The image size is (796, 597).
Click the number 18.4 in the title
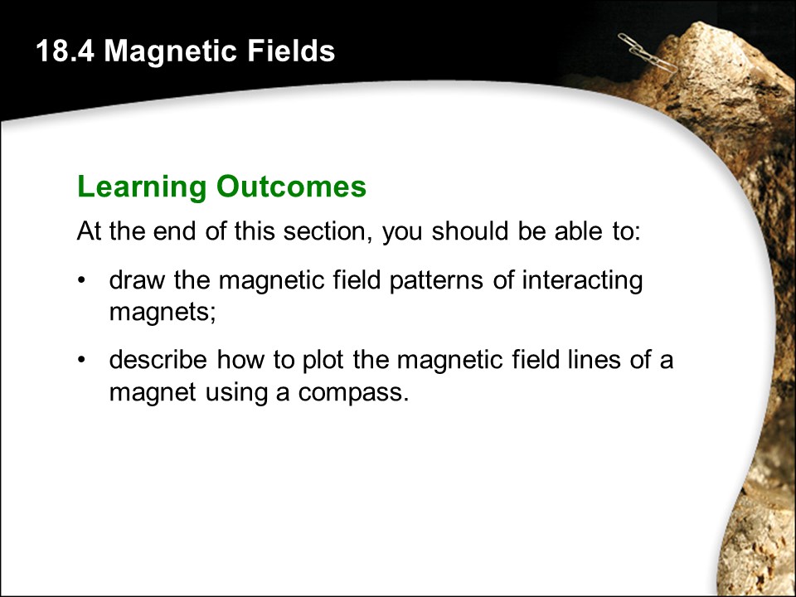(x=65, y=51)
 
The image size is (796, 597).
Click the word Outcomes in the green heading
(x=291, y=187)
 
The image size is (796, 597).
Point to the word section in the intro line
(x=325, y=231)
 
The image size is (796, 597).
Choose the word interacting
(x=582, y=281)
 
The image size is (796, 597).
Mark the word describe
(x=158, y=359)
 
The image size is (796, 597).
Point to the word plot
(x=323, y=361)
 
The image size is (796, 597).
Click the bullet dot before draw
(x=80, y=281)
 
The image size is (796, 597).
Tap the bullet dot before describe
(x=80, y=360)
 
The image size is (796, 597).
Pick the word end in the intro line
(x=174, y=231)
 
